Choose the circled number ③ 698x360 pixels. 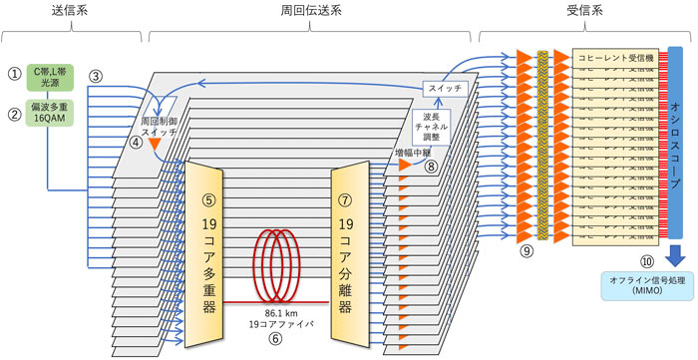point(96,77)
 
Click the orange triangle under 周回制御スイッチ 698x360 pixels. point(156,146)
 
